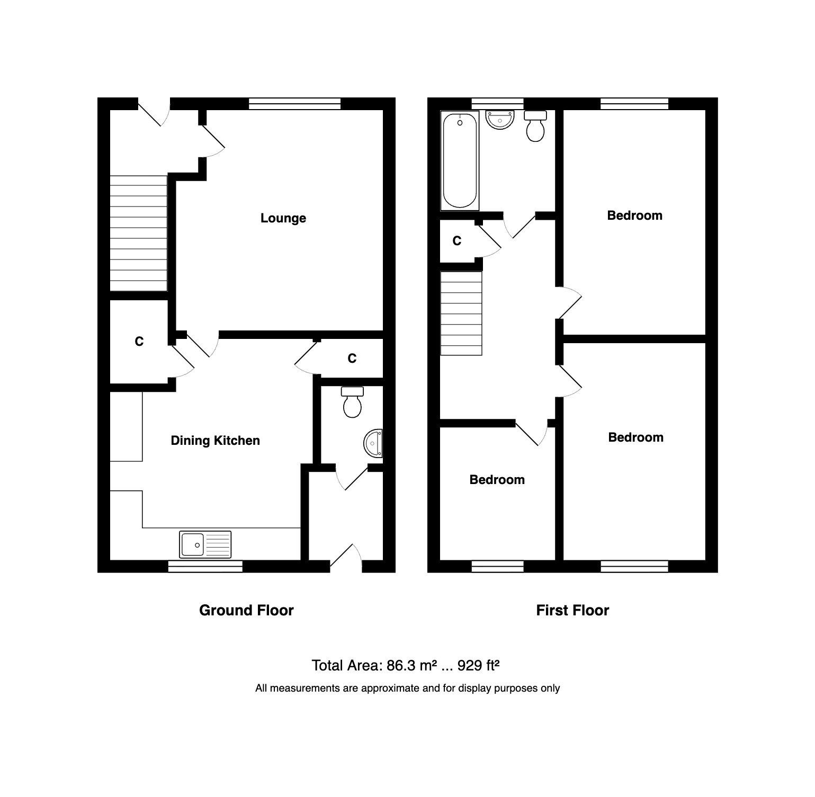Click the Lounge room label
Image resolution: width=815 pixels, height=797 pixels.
point(283,218)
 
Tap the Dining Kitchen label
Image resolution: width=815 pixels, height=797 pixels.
point(215,441)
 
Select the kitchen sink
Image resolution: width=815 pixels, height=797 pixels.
point(205,544)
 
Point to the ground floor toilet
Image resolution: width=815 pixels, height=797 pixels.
point(352,402)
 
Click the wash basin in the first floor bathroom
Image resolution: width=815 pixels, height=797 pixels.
point(500,120)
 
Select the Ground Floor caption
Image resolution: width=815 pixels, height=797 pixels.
point(246,611)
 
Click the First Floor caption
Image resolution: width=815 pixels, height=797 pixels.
point(572,611)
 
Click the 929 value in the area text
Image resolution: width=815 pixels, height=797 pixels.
point(469,666)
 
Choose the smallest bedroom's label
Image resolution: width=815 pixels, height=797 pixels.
point(497,480)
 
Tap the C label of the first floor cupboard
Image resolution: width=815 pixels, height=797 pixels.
point(456,241)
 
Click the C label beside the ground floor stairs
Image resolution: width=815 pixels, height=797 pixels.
point(139,342)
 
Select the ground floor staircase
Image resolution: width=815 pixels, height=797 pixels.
point(138,233)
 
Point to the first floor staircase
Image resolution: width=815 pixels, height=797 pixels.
point(461,313)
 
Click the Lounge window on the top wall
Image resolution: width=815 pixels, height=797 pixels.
point(294,104)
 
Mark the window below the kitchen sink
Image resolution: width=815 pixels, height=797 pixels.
point(205,567)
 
